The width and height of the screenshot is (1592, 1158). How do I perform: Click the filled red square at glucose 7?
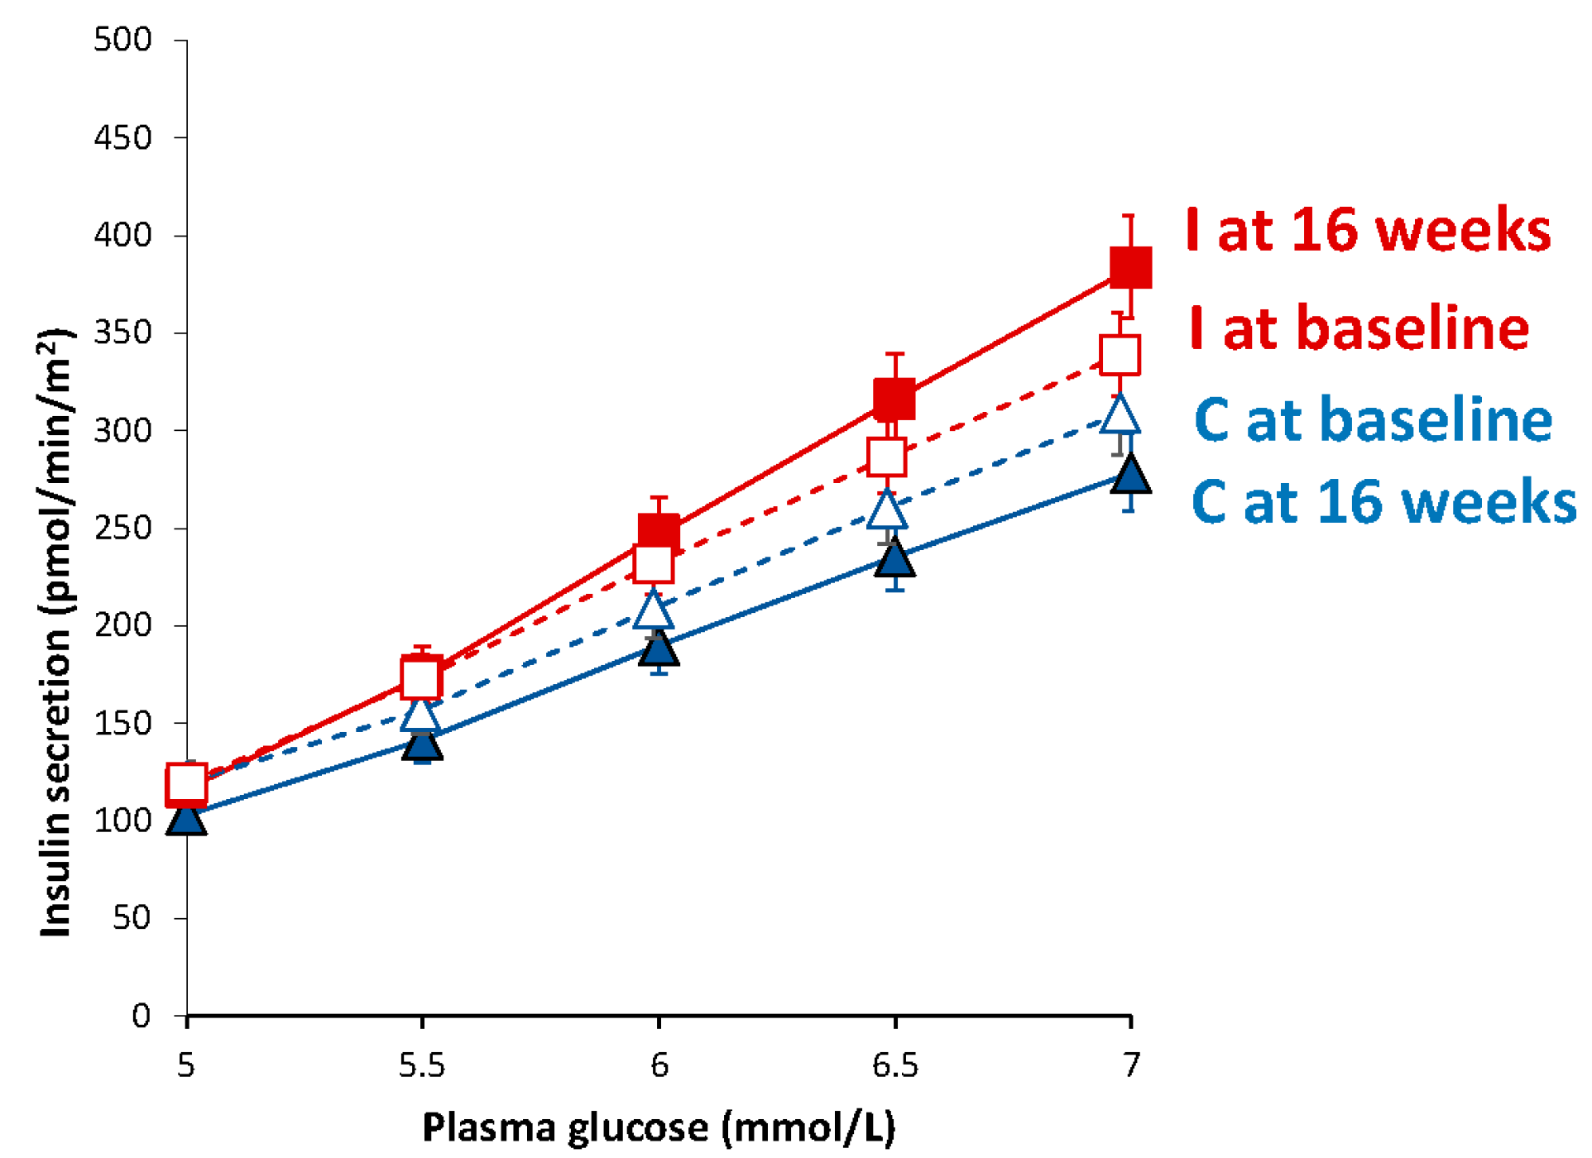click(1130, 266)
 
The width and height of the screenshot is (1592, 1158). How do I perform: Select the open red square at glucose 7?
click(1120, 355)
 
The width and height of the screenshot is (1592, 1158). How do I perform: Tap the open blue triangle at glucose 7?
click(1120, 416)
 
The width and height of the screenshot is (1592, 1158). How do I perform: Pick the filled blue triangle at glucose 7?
click(1130, 476)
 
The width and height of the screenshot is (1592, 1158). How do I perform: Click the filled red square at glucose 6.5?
click(894, 400)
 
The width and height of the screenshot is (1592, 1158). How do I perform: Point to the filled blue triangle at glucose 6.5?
click(894, 559)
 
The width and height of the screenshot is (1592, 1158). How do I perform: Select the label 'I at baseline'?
click(1359, 328)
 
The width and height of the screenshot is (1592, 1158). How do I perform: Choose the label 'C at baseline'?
click(1373, 419)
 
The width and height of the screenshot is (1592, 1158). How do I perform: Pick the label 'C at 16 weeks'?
click(1383, 501)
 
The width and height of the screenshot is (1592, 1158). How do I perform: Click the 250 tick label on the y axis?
click(122, 528)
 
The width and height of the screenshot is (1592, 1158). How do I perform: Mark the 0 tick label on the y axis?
click(141, 1016)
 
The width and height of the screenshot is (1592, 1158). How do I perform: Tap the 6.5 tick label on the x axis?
click(894, 1065)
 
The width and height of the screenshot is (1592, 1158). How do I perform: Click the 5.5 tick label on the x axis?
click(422, 1065)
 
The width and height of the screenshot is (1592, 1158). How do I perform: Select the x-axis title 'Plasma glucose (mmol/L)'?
click(659, 1127)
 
